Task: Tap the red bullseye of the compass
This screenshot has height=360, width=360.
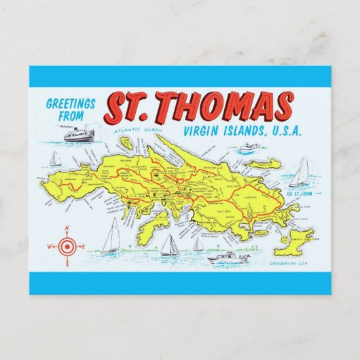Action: coord(67,245)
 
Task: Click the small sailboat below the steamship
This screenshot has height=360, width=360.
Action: coord(55,160)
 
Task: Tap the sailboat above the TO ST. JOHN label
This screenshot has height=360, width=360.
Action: coord(300,173)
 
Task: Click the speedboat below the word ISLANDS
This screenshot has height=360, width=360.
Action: coord(249,147)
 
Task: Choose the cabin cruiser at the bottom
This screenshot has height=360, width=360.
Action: coord(228,257)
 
